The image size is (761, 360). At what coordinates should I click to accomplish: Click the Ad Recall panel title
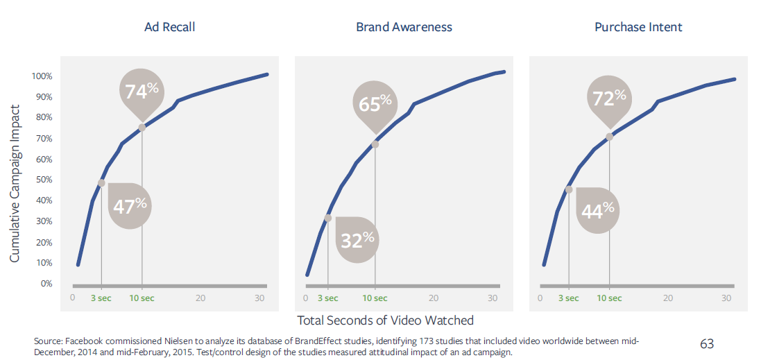tap(169, 27)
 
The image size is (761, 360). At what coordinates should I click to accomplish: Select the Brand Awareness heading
tap(404, 27)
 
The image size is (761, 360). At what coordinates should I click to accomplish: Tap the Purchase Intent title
tap(638, 27)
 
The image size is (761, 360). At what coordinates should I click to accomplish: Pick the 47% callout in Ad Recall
tap(130, 205)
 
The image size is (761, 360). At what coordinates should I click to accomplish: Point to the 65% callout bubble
tap(375, 104)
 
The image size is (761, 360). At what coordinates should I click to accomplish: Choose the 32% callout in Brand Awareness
tap(357, 239)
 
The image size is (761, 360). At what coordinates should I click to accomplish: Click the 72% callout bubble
tap(610, 97)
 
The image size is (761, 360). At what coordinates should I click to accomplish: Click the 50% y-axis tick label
tap(44, 180)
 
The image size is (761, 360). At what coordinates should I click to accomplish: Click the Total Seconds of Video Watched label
tap(385, 320)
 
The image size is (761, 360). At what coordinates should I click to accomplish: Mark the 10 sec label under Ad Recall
tap(142, 298)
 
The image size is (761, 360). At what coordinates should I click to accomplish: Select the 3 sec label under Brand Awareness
tap(327, 298)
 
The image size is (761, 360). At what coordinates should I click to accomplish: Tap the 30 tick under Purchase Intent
tap(727, 298)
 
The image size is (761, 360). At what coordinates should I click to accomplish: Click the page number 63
tap(707, 343)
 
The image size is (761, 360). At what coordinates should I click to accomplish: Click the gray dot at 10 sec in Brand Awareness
tap(375, 144)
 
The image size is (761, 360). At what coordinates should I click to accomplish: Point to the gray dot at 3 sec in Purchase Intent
tap(569, 189)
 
